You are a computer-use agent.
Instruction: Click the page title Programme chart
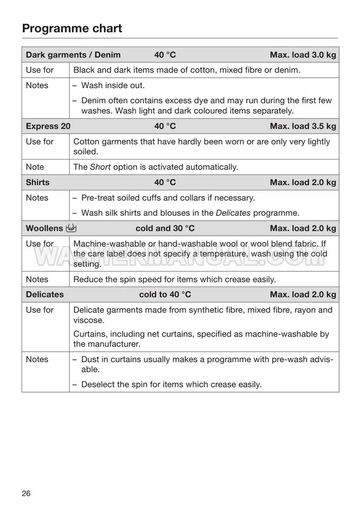click(72, 28)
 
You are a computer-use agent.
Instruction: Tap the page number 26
click(26, 493)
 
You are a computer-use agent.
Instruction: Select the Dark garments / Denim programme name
click(73, 55)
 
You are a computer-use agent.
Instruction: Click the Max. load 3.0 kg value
click(303, 55)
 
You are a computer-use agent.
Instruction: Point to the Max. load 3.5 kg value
click(303, 126)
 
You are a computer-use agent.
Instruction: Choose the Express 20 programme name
click(48, 126)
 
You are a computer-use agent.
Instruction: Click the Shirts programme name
click(38, 182)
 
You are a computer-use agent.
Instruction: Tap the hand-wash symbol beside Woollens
click(73, 228)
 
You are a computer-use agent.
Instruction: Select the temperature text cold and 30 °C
click(165, 228)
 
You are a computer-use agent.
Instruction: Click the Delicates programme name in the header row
click(45, 294)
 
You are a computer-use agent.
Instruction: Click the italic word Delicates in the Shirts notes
click(233, 212)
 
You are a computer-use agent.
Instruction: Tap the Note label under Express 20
click(35, 167)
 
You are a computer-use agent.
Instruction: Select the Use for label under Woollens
click(39, 244)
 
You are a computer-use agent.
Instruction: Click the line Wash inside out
click(112, 85)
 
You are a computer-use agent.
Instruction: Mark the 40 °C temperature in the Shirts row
click(165, 182)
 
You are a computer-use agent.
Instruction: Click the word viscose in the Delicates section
click(88, 320)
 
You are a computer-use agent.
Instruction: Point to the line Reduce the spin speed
click(175, 279)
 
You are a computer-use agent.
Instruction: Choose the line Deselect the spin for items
click(171, 384)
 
